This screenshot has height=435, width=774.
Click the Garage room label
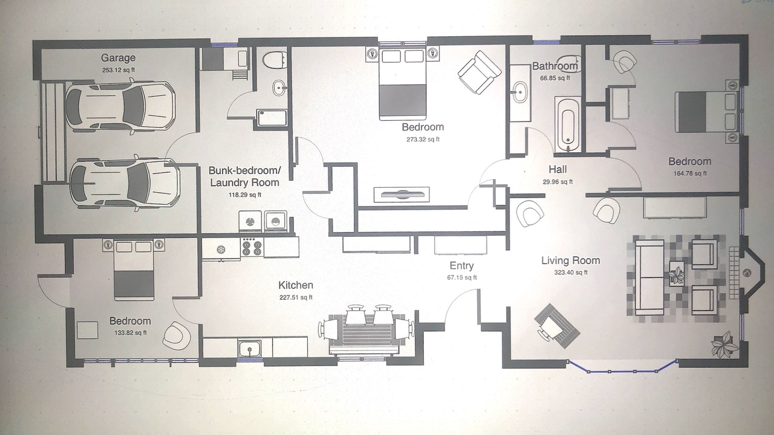118,58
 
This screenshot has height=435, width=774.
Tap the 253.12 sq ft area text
118,70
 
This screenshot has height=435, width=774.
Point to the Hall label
558,170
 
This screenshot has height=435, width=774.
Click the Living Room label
570,260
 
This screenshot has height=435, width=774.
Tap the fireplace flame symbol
747,273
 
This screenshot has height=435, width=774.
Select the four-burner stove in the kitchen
252,247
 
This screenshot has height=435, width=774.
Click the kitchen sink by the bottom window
250,349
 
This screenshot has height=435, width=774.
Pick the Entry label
461,266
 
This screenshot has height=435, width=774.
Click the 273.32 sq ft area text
423,140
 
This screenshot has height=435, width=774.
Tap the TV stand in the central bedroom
402,195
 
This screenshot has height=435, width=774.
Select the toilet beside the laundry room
275,61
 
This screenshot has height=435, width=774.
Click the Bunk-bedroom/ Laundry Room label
245,176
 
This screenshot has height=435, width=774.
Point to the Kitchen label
296,285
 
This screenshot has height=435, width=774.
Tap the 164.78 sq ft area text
690,173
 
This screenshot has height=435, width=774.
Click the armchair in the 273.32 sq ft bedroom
480,72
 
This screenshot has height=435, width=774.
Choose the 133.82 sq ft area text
131,333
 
